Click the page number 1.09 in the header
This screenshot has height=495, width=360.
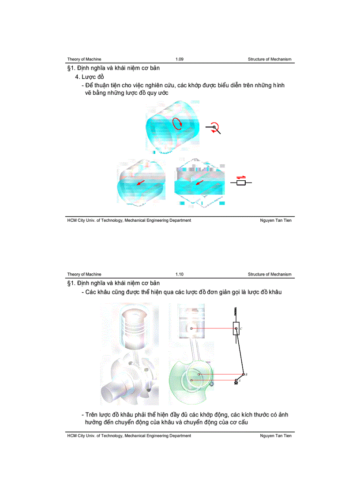tap(179, 59)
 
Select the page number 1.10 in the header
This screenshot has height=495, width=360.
tap(179, 274)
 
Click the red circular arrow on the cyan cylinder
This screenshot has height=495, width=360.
tap(177, 123)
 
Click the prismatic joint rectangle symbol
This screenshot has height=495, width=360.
tap(240, 182)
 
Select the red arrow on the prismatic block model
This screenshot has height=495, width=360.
tap(199, 182)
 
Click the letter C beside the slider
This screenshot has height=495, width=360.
tap(242, 329)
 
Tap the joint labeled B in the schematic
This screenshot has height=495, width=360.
tap(242, 374)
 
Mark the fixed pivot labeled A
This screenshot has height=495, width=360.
tap(236, 380)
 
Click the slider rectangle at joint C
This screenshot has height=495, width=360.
tap(236, 328)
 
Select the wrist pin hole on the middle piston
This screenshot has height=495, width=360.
tap(191, 328)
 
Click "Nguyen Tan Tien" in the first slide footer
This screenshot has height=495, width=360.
tap(276, 220)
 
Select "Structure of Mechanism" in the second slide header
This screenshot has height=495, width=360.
tap(269, 274)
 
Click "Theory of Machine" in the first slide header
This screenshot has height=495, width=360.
tap(84, 59)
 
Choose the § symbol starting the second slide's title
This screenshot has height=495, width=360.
tap(69, 283)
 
